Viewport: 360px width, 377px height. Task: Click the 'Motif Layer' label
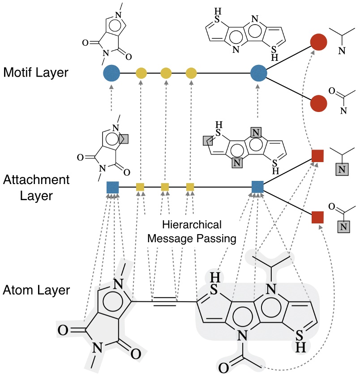(35, 72)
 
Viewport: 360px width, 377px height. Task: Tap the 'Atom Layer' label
(36, 290)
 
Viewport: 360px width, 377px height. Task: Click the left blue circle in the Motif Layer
(111, 73)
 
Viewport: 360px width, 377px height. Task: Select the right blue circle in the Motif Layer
(259, 73)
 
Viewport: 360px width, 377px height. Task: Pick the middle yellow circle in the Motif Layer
(166, 73)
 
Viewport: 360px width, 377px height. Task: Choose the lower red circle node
(318, 102)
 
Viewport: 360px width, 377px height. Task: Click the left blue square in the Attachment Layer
(112, 187)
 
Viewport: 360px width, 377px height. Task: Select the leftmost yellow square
(140, 187)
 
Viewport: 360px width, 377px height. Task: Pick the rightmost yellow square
(190, 187)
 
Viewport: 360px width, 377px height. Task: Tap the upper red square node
(317, 156)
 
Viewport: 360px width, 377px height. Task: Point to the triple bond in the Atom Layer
(165, 302)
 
